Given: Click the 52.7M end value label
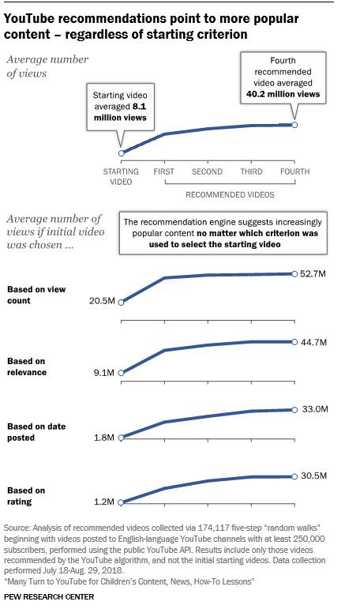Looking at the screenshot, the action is tap(313, 274).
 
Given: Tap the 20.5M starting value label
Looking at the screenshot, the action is tap(102, 301).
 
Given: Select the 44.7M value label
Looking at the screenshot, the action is tap(313, 342).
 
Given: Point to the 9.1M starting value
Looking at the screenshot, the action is tap(104, 373).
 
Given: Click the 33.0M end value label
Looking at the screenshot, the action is tap(315, 409).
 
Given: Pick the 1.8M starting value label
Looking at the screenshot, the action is tap(104, 438).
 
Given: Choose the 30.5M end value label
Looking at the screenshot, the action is tap(313, 476).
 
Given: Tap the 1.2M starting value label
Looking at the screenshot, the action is tap(104, 502).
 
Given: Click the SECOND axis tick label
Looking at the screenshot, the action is tap(207, 171).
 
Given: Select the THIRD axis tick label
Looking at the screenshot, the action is tap(251, 171).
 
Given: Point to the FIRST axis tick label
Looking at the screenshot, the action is tap(164, 171).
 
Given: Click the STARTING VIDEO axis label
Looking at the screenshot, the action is tap(121, 177).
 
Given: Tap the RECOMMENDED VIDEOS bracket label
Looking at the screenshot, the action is tap(230, 194).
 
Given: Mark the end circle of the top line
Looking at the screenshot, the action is tap(294, 125).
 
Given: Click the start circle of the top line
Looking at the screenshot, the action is tap(121, 153).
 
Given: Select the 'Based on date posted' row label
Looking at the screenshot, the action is tap(36, 432).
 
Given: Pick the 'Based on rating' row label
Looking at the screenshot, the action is tap(26, 496).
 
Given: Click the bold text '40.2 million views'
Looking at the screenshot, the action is tap(283, 94).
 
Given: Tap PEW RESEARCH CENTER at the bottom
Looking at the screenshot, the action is tap(49, 596).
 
